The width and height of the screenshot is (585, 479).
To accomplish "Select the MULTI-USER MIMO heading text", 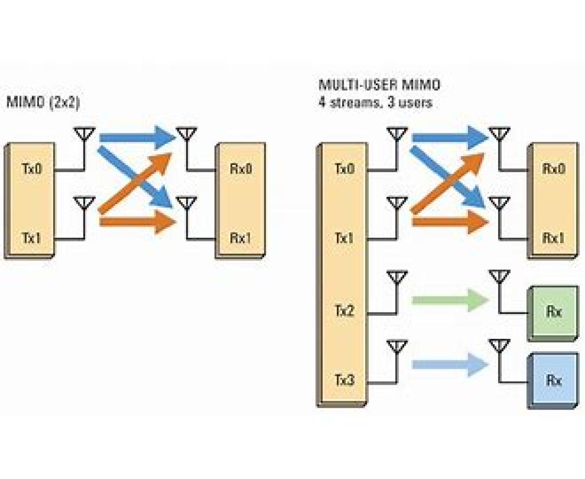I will (x=379, y=85).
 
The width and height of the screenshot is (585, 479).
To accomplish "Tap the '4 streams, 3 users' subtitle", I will (x=375, y=103).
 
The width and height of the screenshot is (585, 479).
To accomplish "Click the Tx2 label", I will (x=345, y=311).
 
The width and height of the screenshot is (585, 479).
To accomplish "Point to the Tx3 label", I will (x=345, y=379).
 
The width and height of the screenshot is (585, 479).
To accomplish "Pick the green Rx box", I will (x=553, y=312).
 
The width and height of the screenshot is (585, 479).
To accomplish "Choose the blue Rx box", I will (x=553, y=380).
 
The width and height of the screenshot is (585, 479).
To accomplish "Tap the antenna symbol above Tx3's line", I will (x=397, y=347).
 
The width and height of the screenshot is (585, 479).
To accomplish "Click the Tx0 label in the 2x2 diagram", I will (x=32, y=169).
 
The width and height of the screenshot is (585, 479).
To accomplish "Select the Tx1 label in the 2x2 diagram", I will (x=32, y=238).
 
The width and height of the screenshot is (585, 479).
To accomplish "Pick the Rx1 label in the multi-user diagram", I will (x=553, y=238).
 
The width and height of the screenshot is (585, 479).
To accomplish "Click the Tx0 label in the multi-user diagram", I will (x=345, y=169).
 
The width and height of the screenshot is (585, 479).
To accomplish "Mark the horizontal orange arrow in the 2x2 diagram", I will (x=137, y=223).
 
